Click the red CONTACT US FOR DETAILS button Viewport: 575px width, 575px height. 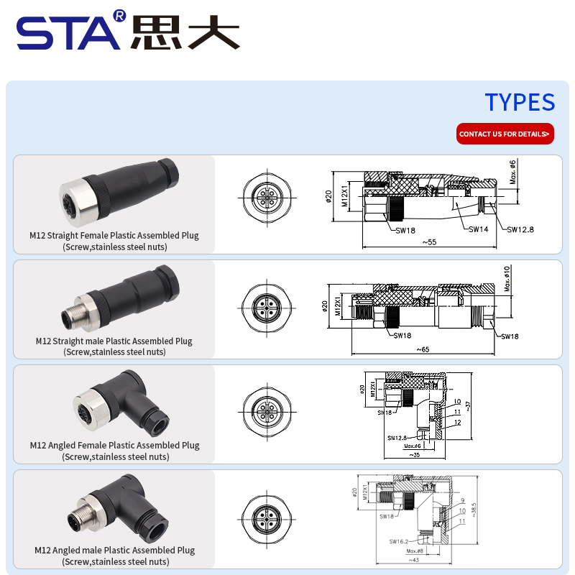[505, 134]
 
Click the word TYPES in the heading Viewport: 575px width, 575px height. [520, 102]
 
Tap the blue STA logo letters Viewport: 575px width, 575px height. [68, 32]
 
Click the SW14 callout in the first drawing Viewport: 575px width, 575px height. [478, 229]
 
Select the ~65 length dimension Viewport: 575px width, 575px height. [423, 349]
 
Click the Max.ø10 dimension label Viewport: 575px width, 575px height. [507, 278]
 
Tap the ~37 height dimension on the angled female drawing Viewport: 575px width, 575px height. [469, 406]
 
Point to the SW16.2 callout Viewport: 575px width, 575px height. [399, 541]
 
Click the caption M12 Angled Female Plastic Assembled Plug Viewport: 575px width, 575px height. [115, 445]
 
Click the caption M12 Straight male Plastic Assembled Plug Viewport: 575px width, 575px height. [114, 341]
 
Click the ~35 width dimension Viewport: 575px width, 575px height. [414, 454]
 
